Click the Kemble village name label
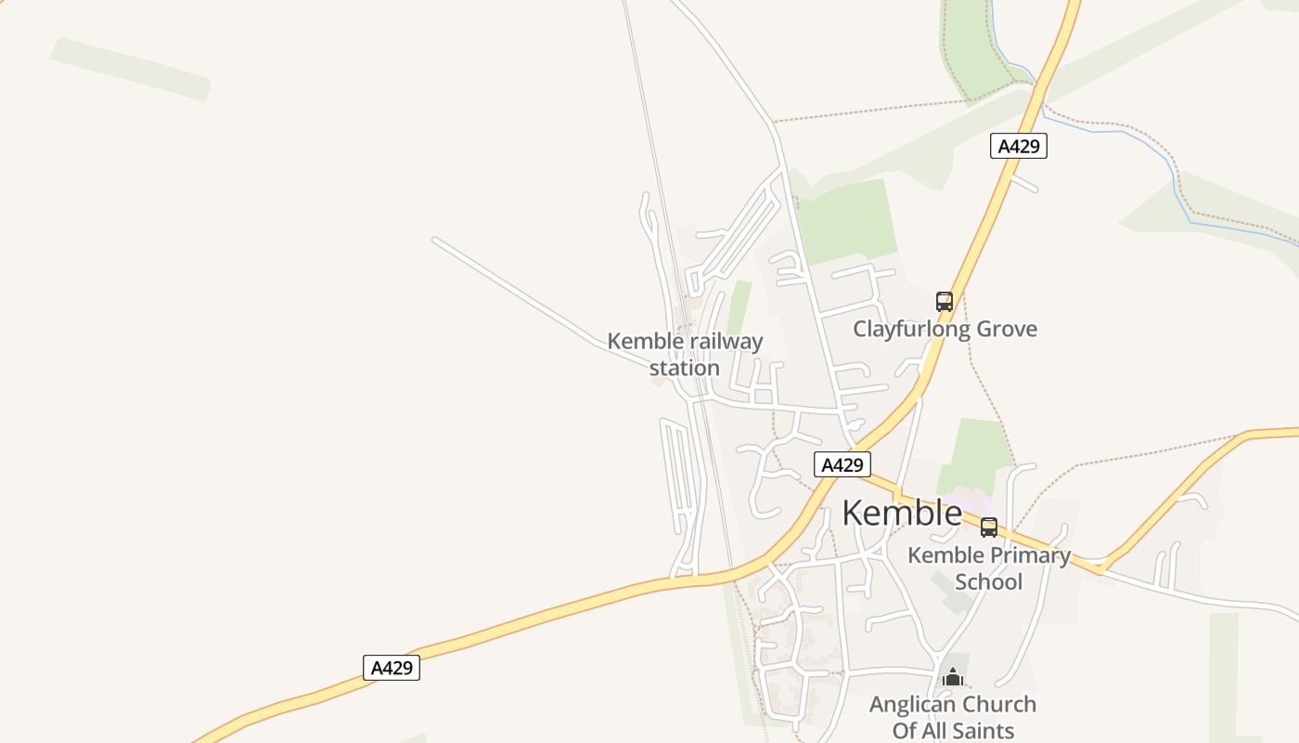tap(902, 513)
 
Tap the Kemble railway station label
tap(685, 354)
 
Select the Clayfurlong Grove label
tap(945, 329)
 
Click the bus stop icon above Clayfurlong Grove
tap(945, 302)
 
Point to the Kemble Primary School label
tap(988, 568)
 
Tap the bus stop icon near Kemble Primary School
tap(989, 528)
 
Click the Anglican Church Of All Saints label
tap(952, 717)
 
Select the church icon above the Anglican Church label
tap(952, 677)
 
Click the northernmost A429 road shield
tap(1018, 146)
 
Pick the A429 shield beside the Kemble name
tap(842, 464)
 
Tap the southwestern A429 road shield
tap(391, 668)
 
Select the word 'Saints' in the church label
tap(983, 730)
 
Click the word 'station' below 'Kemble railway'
tap(685, 368)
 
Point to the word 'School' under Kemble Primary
tap(988, 582)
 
